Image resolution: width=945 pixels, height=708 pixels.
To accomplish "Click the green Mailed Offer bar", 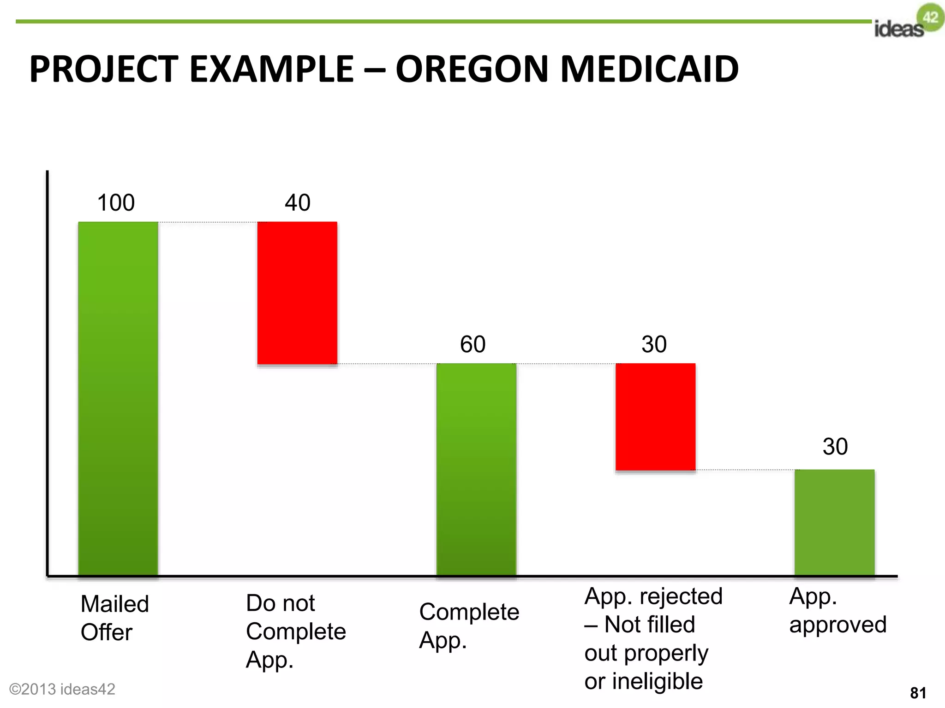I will (x=118, y=399).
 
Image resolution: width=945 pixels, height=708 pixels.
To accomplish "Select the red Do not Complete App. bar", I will (x=297, y=293).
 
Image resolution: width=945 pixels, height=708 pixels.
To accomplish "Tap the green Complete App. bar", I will (x=476, y=469).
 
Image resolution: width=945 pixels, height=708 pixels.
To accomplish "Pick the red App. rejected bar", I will (x=655, y=417).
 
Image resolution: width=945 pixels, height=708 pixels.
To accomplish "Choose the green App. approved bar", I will (x=834, y=522).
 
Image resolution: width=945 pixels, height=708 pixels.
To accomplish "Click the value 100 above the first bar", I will (x=116, y=203).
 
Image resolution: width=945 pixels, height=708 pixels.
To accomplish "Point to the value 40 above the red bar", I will (x=298, y=203).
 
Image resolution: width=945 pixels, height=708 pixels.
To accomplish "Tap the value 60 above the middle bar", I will (x=473, y=344).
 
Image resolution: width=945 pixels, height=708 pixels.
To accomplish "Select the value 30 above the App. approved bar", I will (x=835, y=447).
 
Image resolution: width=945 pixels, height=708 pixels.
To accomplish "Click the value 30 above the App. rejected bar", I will (x=654, y=344).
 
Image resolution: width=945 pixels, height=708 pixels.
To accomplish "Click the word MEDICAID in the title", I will (x=650, y=69).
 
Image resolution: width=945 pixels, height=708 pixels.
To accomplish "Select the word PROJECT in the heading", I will (x=104, y=69).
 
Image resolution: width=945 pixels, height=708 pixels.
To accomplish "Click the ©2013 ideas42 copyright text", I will (x=62, y=689).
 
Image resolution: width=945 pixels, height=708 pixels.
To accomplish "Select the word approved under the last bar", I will (x=838, y=625).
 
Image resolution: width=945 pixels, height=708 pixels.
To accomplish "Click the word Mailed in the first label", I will (x=115, y=604).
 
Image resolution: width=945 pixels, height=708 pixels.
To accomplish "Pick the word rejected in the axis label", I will (x=681, y=596).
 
